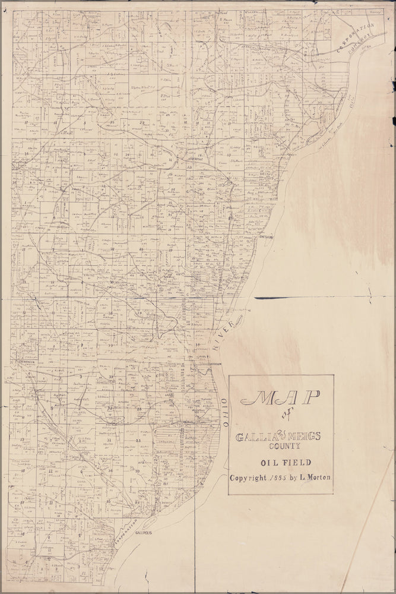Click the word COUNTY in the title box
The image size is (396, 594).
(281, 446)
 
